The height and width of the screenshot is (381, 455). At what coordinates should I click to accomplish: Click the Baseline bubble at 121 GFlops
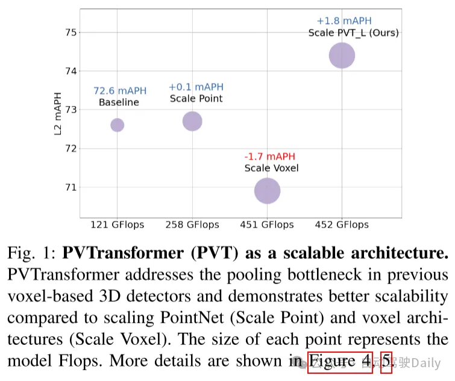click(117, 125)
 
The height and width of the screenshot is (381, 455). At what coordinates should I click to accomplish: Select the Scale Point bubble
click(192, 121)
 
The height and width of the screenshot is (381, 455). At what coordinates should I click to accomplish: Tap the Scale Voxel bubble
click(267, 191)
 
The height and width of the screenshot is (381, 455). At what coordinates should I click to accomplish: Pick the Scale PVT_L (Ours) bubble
click(342, 56)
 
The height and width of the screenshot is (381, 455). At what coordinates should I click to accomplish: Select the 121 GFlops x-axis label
click(117, 225)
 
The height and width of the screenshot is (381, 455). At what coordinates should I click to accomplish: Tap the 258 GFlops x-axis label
click(192, 225)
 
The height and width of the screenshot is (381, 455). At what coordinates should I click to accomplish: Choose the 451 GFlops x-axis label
click(267, 225)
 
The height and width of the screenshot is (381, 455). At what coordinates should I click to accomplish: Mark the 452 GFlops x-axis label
click(342, 225)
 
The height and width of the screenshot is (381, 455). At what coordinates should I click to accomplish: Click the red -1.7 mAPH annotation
click(271, 156)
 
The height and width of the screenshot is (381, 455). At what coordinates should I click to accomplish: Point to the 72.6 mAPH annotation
click(119, 91)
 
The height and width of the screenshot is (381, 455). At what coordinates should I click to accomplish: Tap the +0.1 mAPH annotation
click(195, 87)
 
